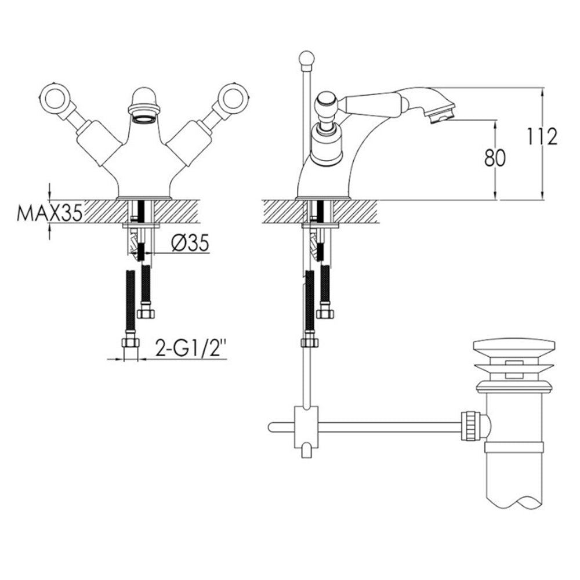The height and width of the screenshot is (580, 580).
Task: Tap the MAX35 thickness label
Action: pos(50,212)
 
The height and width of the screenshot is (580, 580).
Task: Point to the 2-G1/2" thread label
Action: pos(190,350)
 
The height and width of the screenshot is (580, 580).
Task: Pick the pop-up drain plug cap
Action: pos(513,349)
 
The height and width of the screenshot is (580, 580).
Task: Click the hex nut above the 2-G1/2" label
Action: pos(130,343)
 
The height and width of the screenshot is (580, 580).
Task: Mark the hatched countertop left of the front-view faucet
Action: pos(99,211)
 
